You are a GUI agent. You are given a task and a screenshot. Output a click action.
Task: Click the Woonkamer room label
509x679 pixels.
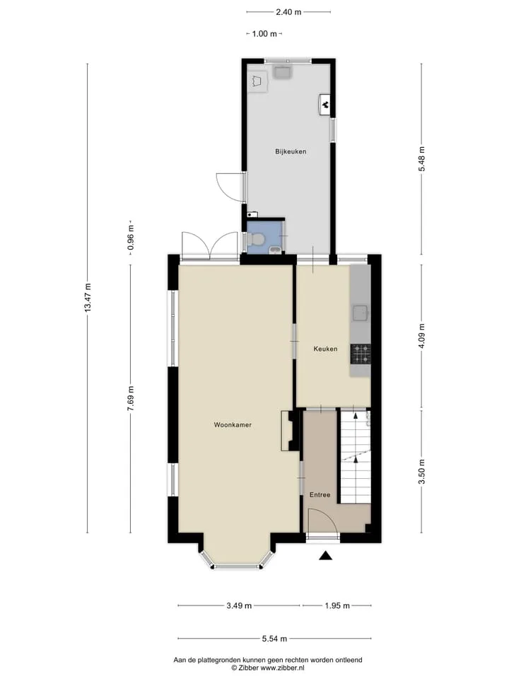click(233, 425)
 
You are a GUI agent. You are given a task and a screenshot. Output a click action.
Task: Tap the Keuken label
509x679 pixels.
click(325, 349)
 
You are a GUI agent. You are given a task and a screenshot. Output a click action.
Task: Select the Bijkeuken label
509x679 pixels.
click(291, 151)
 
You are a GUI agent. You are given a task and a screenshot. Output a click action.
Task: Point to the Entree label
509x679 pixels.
click(320, 494)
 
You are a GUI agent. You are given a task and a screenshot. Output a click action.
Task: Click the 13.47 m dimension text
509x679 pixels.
click(88, 298)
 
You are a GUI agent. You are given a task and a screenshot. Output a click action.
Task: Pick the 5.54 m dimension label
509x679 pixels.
click(274, 638)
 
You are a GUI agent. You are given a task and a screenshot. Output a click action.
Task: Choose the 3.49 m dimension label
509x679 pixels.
click(239, 606)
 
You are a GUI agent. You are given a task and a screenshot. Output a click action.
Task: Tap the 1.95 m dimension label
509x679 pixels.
click(337, 606)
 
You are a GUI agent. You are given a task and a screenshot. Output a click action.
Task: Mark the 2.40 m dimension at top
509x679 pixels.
click(288, 12)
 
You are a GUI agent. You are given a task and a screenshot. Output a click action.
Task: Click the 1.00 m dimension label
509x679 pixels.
click(264, 34)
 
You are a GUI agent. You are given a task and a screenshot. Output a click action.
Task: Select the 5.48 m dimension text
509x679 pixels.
click(421, 159)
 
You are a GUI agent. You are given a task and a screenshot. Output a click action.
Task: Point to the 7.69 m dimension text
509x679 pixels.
click(131, 398)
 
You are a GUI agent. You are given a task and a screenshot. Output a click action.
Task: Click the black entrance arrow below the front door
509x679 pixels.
click(325, 556)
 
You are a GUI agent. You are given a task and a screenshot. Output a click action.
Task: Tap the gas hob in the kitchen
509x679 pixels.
click(361, 354)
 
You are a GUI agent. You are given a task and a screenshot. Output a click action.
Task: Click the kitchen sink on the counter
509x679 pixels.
click(361, 313)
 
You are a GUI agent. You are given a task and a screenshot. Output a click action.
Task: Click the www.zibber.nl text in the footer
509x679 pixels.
click(282, 668)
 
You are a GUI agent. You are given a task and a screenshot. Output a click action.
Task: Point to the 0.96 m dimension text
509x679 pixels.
click(131, 238)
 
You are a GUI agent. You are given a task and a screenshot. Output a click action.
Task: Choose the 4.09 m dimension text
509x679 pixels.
click(421, 336)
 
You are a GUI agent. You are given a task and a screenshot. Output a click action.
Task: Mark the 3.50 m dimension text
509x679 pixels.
click(421, 472)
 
